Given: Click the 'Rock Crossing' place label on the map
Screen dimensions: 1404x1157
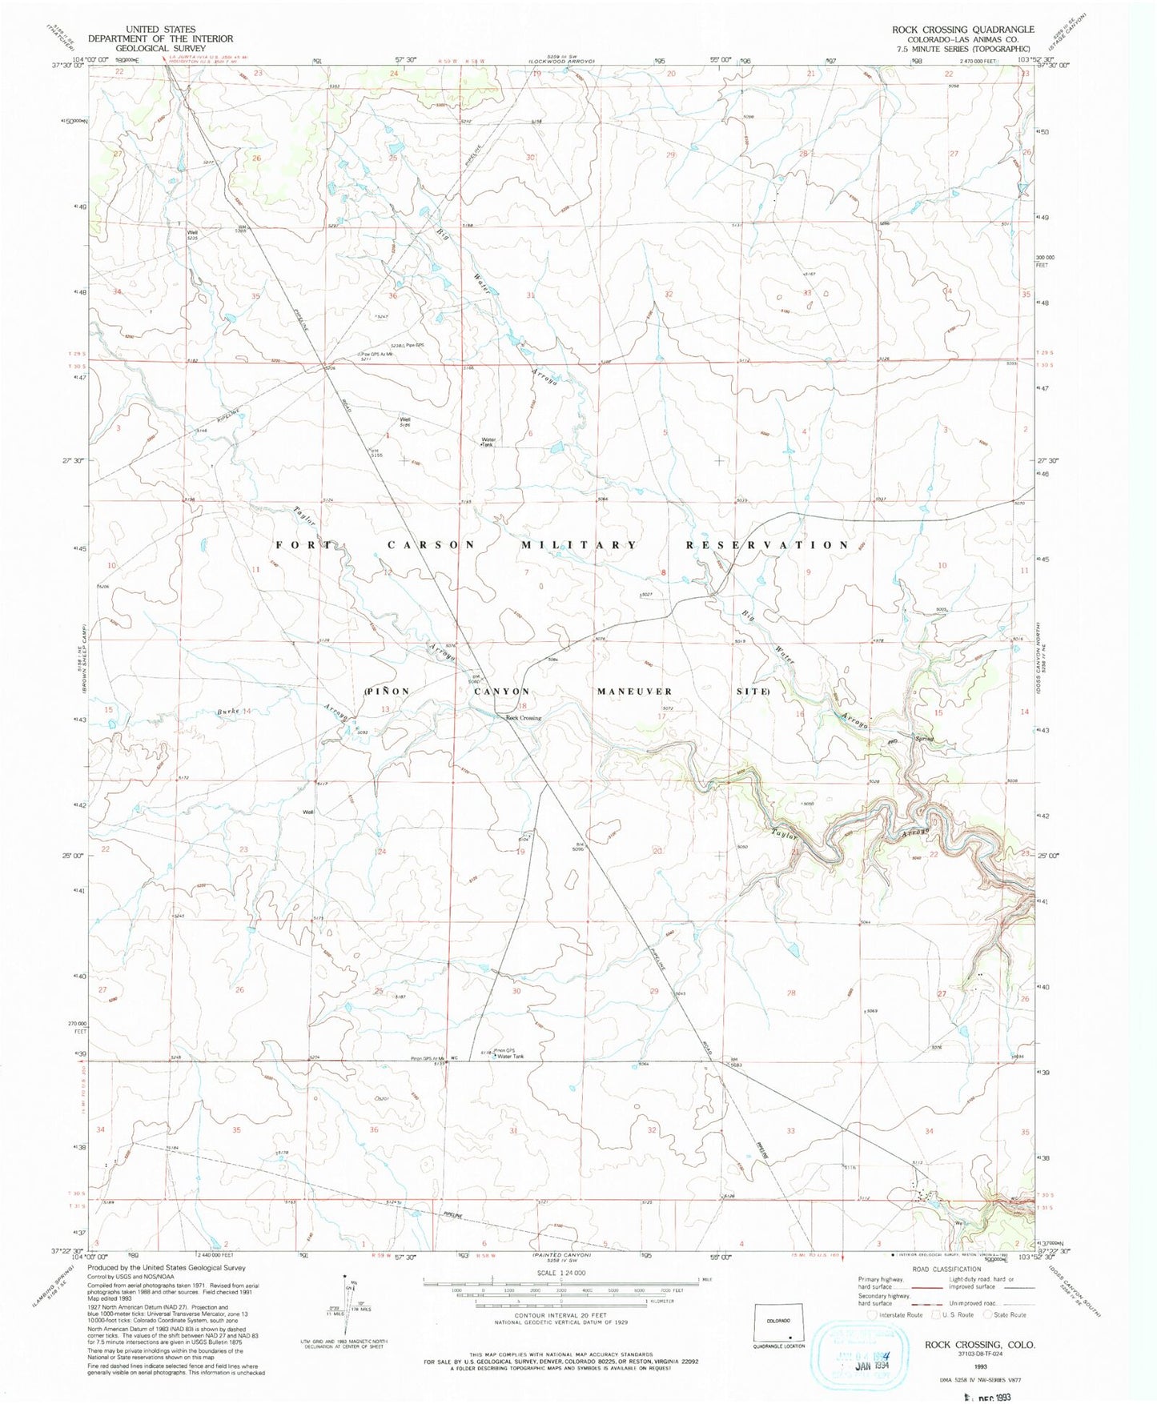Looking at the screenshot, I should pyautogui.click(x=523, y=718).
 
